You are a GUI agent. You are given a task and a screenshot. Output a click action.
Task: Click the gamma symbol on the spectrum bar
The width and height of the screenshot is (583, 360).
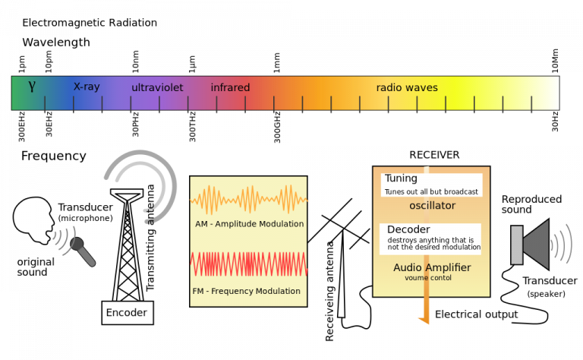coord(32,87)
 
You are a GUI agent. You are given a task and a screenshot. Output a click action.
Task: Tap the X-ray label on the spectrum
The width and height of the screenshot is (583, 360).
coord(87,87)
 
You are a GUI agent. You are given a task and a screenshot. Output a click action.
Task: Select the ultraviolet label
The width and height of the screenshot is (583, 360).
coord(157,87)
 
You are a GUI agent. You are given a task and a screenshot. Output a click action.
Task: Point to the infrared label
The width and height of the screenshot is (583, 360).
coord(230,87)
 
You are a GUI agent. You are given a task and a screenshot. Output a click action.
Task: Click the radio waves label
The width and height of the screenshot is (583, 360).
coord(407,87)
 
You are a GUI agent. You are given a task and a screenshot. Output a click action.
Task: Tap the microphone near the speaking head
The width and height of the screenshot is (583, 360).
coord(83,251)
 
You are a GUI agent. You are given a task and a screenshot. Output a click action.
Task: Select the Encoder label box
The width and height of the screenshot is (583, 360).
coord(127,312)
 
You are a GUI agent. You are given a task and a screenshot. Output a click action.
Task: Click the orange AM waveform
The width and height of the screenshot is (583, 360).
coord(247,201)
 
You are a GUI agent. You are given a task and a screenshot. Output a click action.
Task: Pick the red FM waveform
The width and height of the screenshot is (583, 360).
coord(247,264)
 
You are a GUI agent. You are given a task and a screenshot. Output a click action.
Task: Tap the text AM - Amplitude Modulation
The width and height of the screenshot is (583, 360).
coord(249,224)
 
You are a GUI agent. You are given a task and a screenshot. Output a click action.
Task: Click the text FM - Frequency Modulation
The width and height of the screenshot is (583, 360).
coord(247,291)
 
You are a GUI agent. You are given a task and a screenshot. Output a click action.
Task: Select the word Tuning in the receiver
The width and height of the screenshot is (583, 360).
coord(401,178)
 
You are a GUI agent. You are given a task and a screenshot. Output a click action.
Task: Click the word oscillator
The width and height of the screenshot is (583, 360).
coord(432,206)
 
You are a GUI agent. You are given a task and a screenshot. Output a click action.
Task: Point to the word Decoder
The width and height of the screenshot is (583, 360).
coord(408,229)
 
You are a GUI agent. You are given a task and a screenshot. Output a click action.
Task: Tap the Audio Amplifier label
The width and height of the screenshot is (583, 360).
coord(432,267)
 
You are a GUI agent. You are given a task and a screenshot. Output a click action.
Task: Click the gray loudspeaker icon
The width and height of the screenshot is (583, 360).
coord(531,245)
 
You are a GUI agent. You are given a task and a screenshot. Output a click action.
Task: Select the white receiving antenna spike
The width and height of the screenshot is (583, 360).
coord(342,285)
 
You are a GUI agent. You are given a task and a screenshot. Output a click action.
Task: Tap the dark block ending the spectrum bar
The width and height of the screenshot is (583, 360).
coord(570,93)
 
